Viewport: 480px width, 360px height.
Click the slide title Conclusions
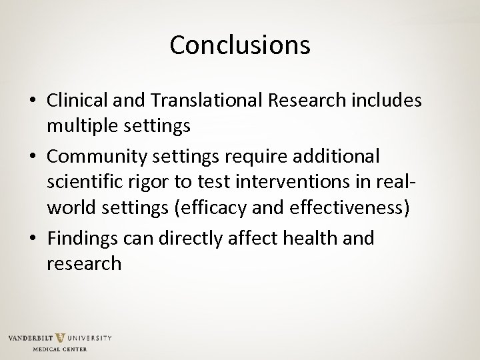pos(240,45)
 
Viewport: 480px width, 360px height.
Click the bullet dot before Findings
pos(33,239)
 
